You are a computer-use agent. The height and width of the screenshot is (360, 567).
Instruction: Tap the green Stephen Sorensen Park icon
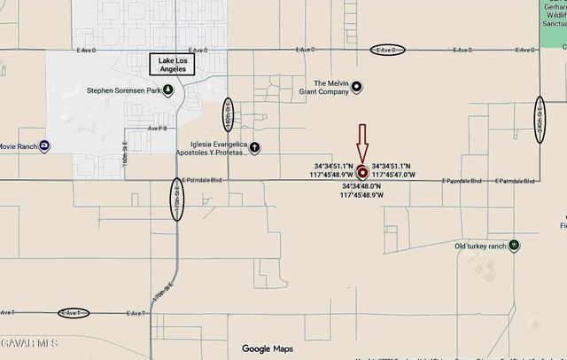pos(168,90)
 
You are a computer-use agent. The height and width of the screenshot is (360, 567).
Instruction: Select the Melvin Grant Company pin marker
pos(356,86)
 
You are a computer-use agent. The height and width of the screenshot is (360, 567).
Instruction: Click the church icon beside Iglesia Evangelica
pos(254,148)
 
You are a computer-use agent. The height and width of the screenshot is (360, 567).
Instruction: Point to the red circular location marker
pos(361,174)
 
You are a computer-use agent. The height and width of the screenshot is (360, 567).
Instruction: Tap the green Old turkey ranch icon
pos(514,246)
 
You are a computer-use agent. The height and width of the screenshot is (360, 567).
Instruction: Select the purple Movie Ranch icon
pos(44,146)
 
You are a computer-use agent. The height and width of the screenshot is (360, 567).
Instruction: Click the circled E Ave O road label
pos(386,51)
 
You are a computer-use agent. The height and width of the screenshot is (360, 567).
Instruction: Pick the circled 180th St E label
pos(229,113)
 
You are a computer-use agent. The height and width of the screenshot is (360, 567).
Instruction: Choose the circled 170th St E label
pos(177,200)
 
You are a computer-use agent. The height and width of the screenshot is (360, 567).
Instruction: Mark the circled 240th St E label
pos(539,114)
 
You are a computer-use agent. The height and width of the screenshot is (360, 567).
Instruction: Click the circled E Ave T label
pos(73,313)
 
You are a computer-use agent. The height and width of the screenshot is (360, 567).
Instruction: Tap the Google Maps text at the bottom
pos(268,348)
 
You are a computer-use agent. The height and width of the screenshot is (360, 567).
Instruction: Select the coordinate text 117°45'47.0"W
pos(392,176)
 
